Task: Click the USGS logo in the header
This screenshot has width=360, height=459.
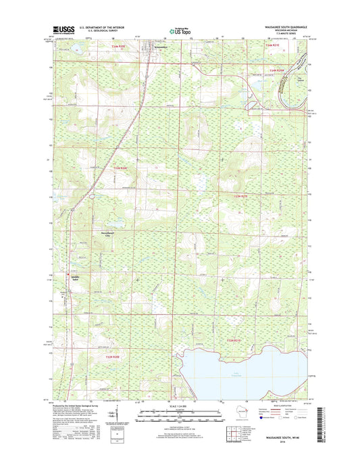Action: click(61, 29)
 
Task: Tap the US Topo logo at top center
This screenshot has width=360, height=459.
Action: click(180, 30)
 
